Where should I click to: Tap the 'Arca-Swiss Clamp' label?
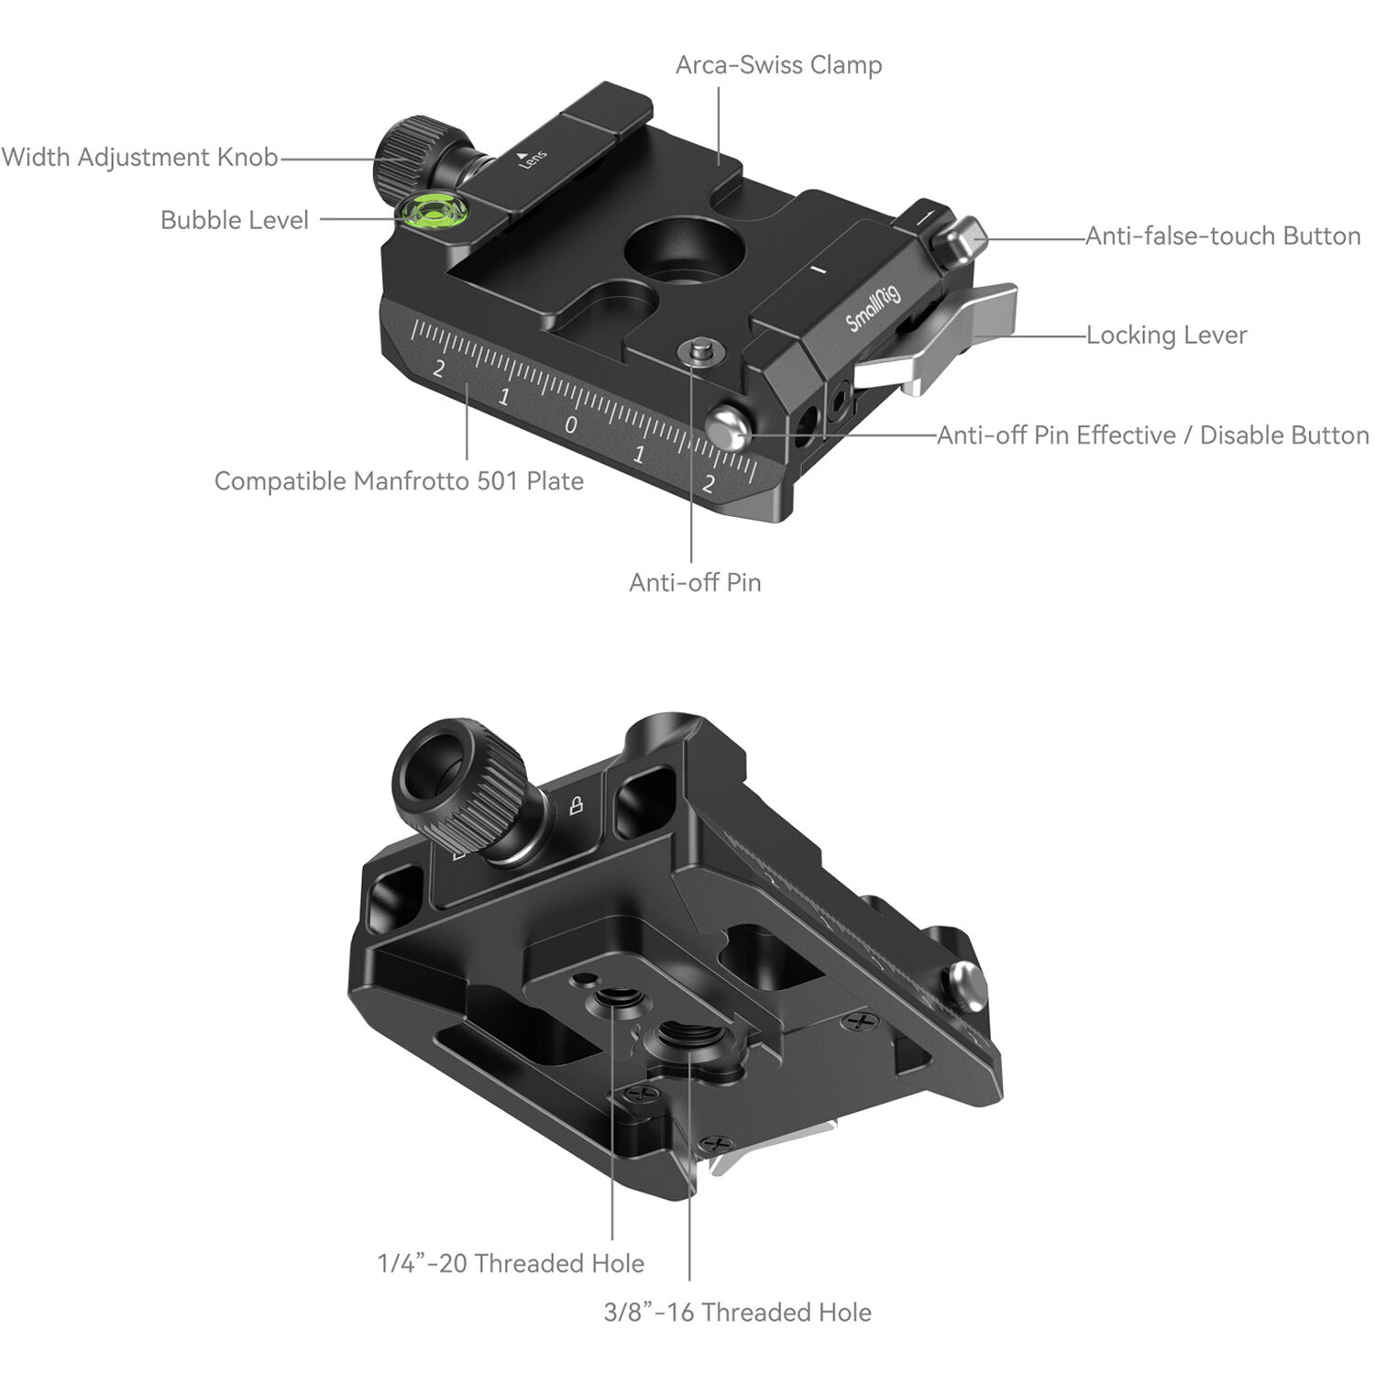coord(778,65)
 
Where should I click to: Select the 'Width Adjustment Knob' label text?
coord(139,157)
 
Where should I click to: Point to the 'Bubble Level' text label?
coord(235,220)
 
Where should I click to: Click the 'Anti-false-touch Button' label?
coord(1223,236)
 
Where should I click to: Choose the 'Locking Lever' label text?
coord(1166,335)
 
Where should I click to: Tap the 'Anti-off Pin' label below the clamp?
coord(695,582)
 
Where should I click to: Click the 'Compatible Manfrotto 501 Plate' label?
coord(399,480)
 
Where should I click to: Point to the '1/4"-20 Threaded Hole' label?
coord(511,1263)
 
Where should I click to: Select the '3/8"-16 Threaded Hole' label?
coord(737,1312)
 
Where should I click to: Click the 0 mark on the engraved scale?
coord(571,424)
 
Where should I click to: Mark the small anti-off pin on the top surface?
coord(702,350)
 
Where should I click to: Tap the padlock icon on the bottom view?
coord(577,806)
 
